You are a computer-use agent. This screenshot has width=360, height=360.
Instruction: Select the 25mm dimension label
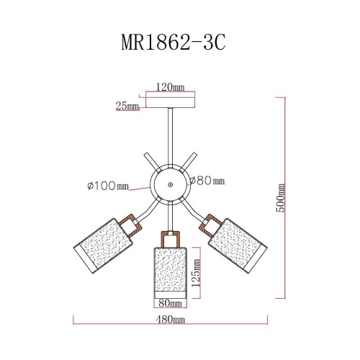[127, 106]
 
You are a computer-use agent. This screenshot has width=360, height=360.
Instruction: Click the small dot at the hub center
[170, 184]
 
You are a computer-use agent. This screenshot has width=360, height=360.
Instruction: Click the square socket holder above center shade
[170, 238]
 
